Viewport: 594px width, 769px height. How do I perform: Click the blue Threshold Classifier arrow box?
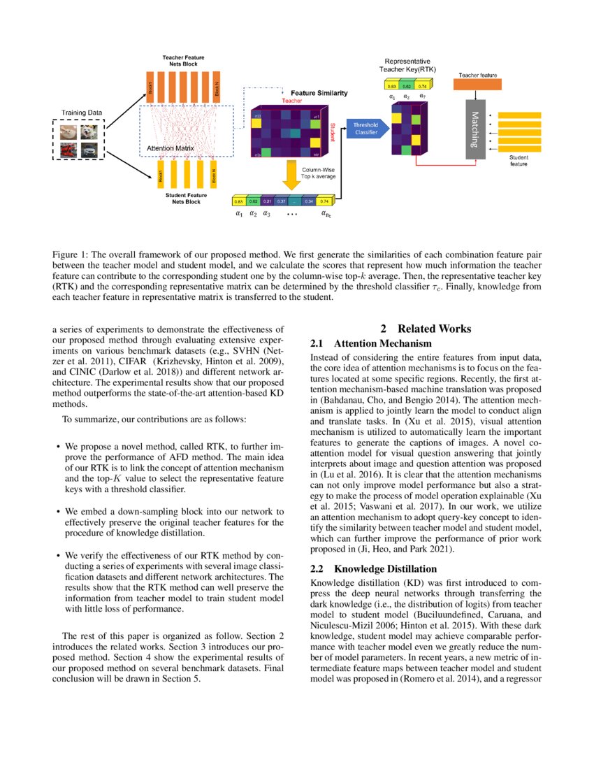click(x=365, y=127)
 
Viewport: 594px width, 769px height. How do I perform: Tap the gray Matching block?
click(x=475, y=129)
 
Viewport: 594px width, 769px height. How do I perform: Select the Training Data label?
click(x=81, y=113)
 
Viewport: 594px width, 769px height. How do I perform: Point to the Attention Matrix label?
click(x=170, y=148)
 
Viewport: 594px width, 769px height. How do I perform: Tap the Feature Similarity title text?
click(x=319, y=93)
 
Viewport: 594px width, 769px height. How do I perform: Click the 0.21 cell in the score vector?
click(x=266, y=201)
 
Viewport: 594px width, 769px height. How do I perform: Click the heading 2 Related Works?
click(x=425, y=329)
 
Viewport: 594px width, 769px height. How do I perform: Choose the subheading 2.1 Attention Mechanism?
click(x=370, y=343)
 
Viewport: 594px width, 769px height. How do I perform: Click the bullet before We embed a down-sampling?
click(x=57, y=512)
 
